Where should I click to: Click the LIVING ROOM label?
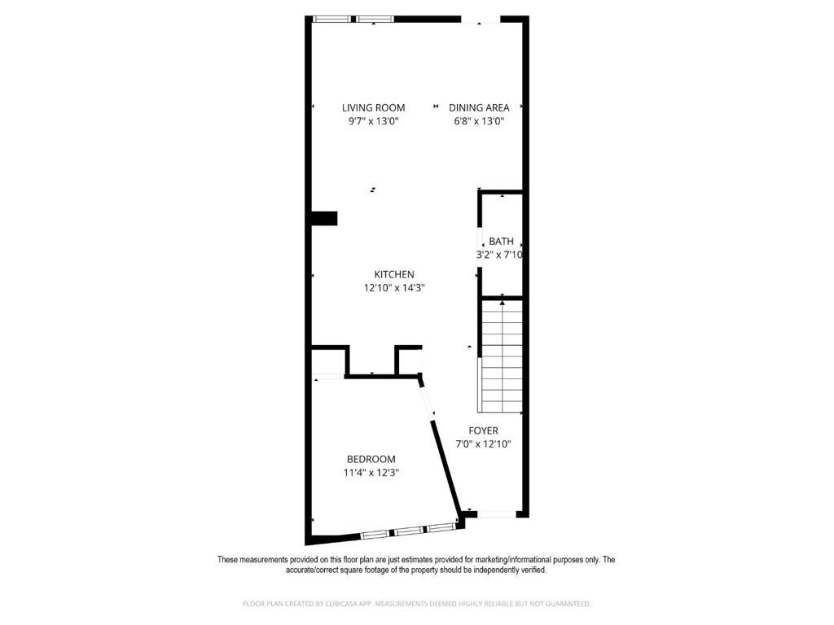point(373,107)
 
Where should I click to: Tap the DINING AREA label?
point(479,107)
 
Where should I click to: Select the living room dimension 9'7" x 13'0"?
point(373,121)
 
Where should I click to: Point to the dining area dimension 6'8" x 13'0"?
point(479,121)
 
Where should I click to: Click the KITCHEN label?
point(394,274)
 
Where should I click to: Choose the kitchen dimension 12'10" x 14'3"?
point(394,287)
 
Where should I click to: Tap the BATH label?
point(501,242)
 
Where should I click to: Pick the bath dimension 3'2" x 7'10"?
point(499,255)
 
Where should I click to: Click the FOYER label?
point(483,431)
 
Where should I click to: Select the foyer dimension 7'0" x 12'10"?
point(483,444)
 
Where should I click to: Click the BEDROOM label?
point(371,459)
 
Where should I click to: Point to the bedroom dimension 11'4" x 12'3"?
point(371,473)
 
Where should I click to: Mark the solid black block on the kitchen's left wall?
point(324,218)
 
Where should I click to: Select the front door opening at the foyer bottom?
point(496,514)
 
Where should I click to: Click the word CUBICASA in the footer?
point(327,604)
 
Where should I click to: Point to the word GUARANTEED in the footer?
point(565,604)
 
